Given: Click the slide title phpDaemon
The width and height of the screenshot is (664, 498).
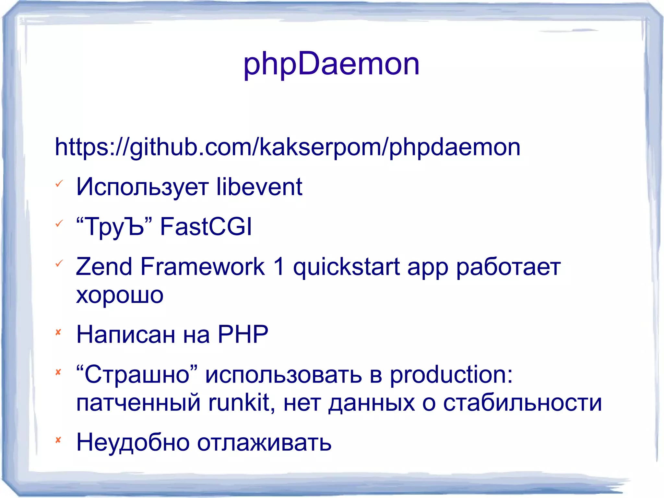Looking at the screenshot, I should tap(331, 64).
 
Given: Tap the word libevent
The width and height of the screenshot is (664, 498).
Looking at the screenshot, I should tap(259, 187).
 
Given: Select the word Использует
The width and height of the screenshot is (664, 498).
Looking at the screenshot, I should tap(142, 187).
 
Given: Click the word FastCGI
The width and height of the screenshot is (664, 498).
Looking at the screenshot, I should tap(206, 226).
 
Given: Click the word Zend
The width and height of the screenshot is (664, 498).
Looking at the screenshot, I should tap(104, 266).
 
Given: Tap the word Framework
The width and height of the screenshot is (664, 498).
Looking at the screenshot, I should tap(203, 266).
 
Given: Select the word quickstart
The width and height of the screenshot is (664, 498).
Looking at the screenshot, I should tap(346, 267).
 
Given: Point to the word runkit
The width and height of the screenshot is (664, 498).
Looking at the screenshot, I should tap(241, 403).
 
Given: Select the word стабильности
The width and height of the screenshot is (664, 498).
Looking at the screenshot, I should tap(522, 403).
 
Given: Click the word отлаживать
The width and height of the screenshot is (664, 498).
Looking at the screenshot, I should tap(264, 443).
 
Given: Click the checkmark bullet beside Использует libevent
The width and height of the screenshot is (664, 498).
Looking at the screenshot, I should tap(59, 184).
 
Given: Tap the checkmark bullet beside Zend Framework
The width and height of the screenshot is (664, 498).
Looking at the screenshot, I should tap(59, 263).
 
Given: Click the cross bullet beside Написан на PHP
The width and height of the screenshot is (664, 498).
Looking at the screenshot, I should tap(58, 332).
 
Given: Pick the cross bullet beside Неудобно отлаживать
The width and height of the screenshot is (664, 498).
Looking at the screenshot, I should tap(58, 440).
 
